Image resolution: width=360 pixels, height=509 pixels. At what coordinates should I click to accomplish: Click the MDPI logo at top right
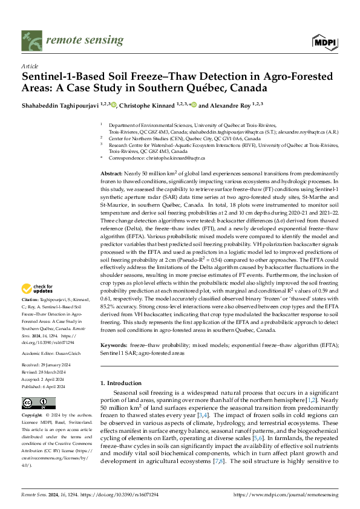(x=325, y=41)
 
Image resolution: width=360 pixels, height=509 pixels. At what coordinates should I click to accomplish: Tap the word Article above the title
(x=29, y=66)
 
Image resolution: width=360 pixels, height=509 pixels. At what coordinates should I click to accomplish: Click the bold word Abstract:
(x=113, y=173)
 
